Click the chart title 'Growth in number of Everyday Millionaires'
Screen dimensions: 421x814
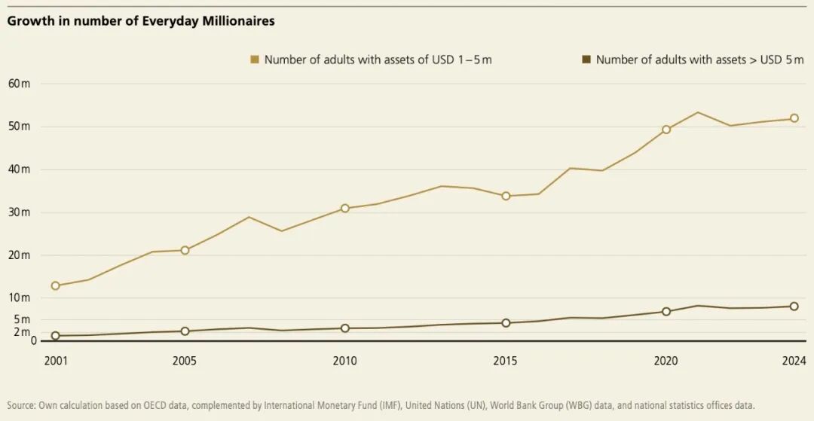tap(141, 21)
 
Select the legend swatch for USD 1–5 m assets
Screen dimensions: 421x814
tap(255, 59)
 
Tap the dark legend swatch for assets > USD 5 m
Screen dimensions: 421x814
tap(586, 59)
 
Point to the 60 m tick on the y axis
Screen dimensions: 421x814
tap(19, 84)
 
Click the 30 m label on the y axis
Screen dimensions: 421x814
tap(19, 212)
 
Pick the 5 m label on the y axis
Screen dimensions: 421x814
tap(21, 319)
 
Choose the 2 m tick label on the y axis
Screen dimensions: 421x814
tap(21, 332)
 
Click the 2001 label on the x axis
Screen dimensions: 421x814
tap(56, 361)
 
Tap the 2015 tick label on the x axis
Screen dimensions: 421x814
tap(506, 361)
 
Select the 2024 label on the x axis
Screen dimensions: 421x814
tap(794, 361)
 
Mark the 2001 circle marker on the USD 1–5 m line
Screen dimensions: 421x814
tap(56, 286)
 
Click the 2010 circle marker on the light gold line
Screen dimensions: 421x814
tap(345, 209)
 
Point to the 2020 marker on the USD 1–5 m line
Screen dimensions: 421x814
tap(666, 130)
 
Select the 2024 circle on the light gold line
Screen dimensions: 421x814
tap(794, 118)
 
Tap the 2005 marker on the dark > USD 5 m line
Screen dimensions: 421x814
tap(185, 331)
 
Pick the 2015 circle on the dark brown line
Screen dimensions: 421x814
tap(506, 323)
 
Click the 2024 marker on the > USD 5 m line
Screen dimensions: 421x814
tap(794, 307)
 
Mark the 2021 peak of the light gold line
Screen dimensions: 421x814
tap(698, 112)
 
